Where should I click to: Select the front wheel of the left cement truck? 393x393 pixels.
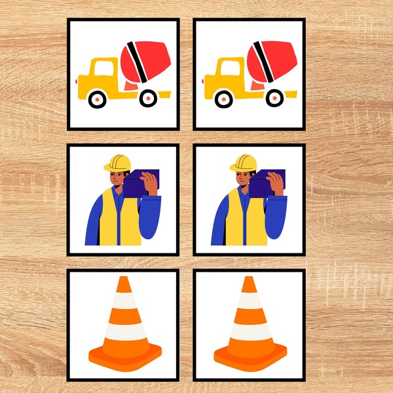[x=97, y=99]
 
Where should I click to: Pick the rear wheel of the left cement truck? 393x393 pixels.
[x=149, y=98]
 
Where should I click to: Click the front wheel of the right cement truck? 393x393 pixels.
[x=223, y=99]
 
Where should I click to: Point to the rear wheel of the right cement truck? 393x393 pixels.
[x=274, y=98]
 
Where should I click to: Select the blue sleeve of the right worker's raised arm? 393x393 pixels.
[x=279, y=216]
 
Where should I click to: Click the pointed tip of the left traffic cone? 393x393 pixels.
[x=123, y=280]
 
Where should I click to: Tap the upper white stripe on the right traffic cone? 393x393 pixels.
[x=249, y=301]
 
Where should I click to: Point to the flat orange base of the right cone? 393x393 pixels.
[x=250, y=357]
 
